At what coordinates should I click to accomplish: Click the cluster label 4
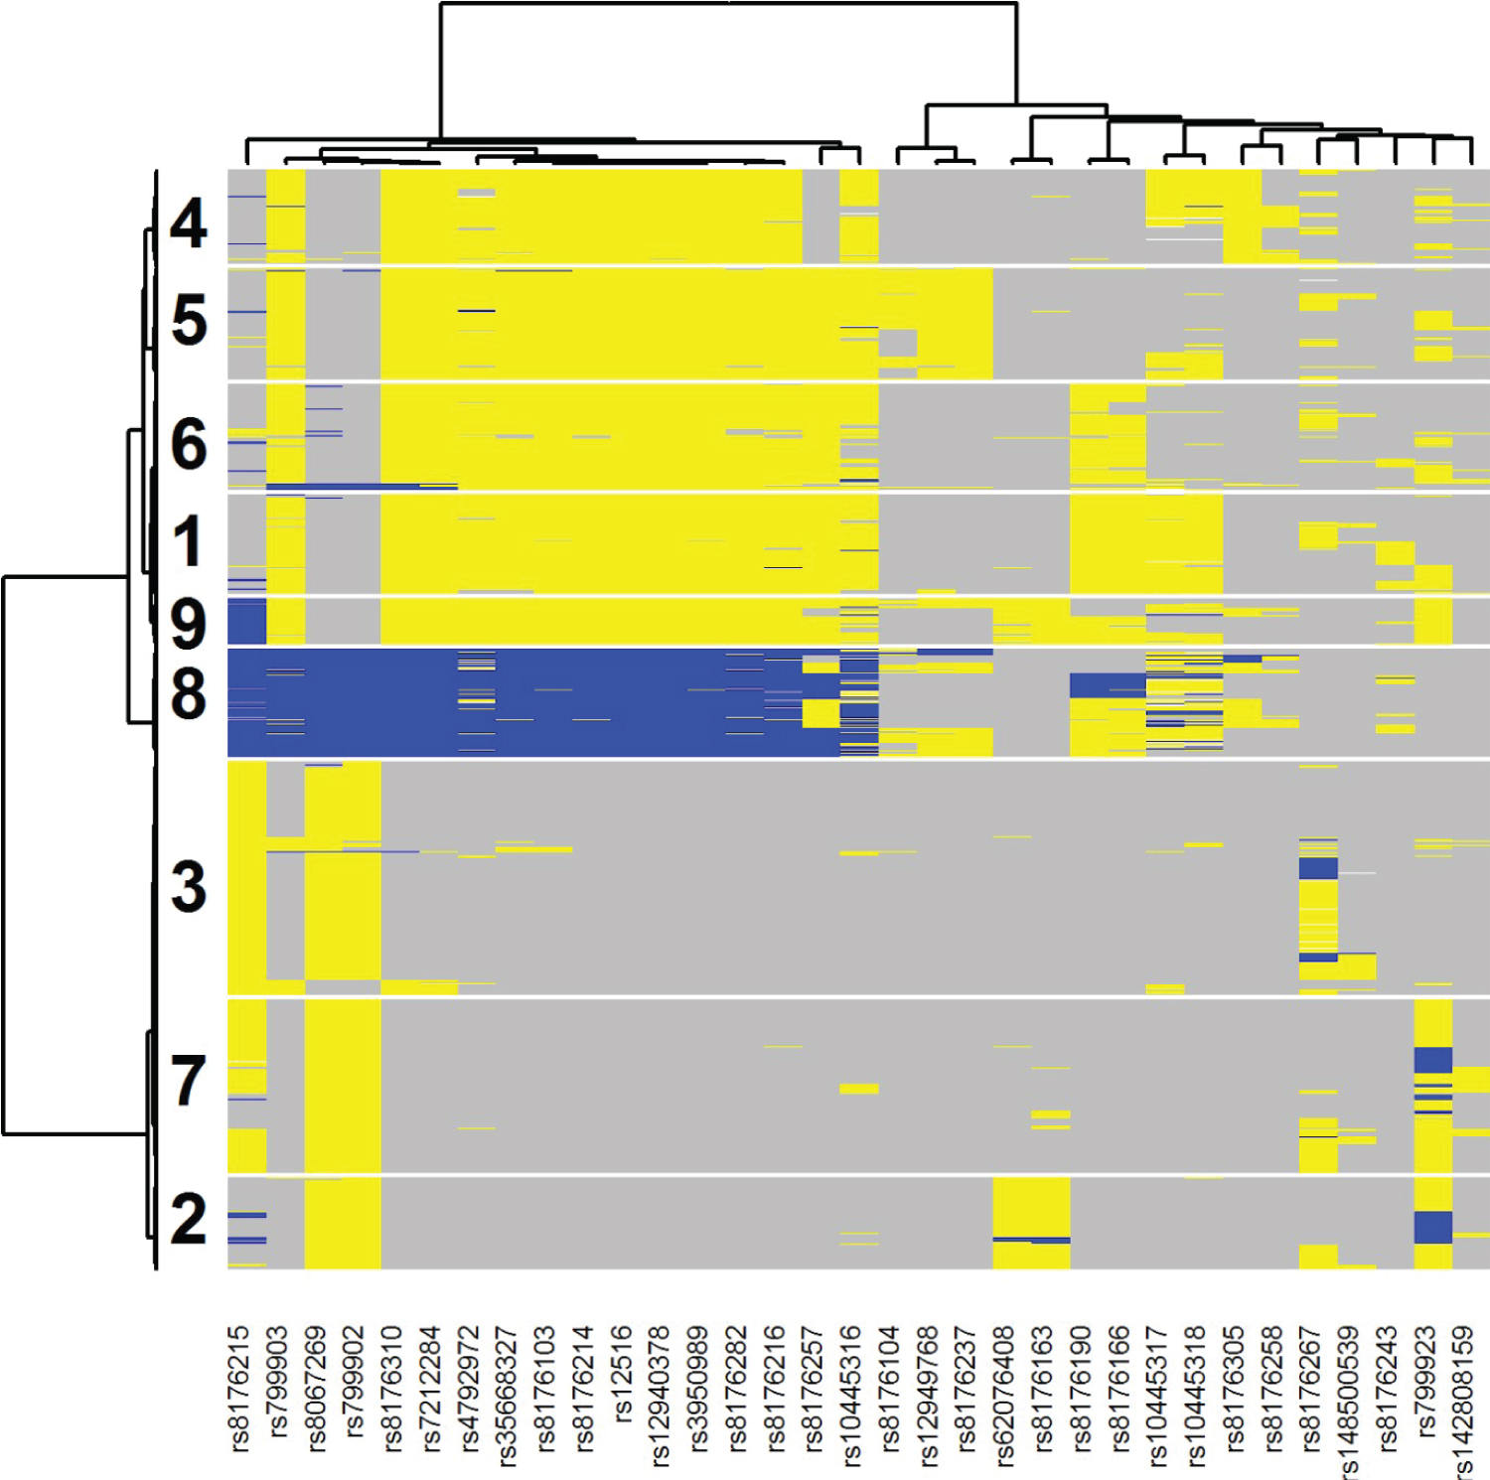point(188,223)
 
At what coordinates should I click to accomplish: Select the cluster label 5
point(189,321)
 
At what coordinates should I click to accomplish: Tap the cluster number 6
point(188,443)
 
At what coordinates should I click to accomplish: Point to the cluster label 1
point(187,542)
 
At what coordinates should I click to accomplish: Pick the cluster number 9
point(188,623)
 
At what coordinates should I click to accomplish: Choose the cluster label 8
point(188,694)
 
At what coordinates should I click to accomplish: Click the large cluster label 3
point(188,887)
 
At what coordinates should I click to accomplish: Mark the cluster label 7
point(188,1081)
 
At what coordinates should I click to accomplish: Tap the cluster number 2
point(188,1219)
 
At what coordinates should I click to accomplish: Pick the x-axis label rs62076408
point(1003,1396)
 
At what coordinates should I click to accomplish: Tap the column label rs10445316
point(851,1396)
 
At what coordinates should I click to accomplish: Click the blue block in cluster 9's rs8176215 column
point(246,622)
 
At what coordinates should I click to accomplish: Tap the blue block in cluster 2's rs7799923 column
point(1433,1227)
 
